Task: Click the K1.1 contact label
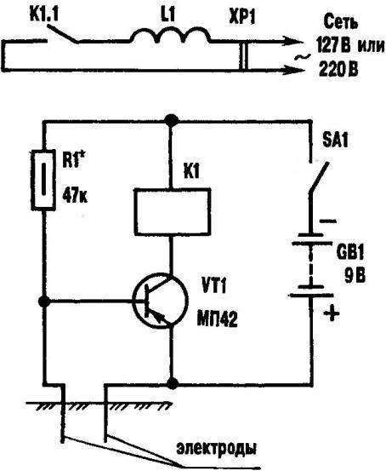44,14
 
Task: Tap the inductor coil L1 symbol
170,35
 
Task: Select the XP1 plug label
241,17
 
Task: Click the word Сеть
341,22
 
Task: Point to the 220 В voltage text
338,70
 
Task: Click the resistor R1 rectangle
43,180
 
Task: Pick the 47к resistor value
75,196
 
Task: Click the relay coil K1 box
173,211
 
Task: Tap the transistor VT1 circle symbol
160,301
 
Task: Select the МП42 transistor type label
217,319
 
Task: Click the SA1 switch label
335,141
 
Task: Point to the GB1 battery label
349,253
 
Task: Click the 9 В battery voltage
355,276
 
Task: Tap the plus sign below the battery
332,313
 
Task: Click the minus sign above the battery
328,221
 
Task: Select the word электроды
216,449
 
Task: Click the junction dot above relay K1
172,121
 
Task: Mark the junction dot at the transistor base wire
44,302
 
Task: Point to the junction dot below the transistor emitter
173,383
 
